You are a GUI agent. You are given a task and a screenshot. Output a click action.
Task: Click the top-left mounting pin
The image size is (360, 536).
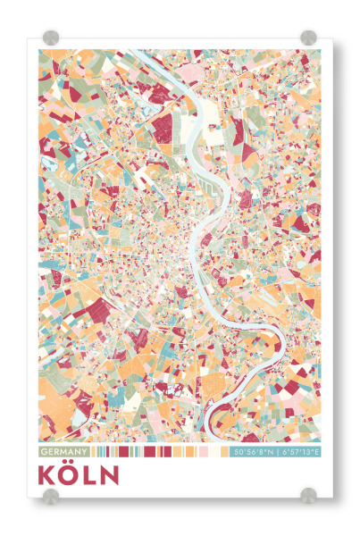coord(50,38)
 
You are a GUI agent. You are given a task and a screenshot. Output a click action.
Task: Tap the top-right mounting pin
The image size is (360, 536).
coord(309,38)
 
